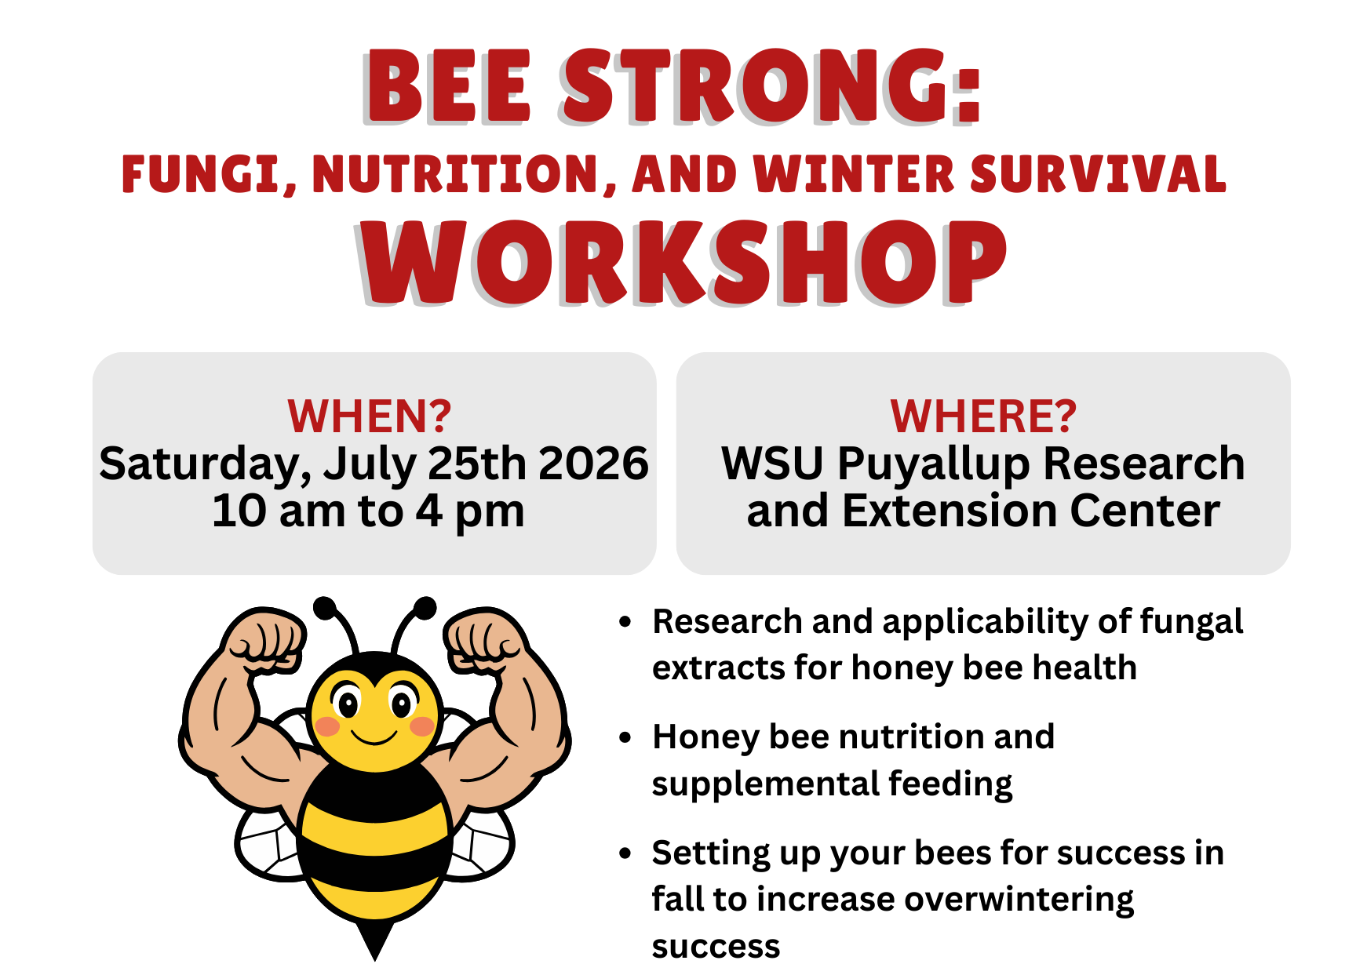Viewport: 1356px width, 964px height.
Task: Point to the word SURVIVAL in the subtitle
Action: click(1098, 174)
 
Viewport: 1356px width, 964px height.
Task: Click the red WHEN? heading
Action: click(370, 416)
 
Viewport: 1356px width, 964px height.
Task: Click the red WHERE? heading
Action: click(983, 416)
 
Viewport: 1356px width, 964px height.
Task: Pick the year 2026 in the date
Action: click(593, 464)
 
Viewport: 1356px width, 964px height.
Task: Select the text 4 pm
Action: click(469, 512)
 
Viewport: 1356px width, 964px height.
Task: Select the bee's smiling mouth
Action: click(374, 737)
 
